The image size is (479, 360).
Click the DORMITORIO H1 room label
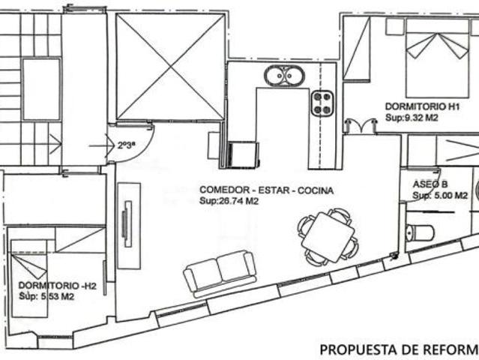pos(423,106)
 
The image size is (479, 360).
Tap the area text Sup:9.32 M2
pos(412,118)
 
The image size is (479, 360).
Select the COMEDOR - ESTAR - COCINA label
pos(266,190)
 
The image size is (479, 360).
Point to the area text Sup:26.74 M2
pos(229,201)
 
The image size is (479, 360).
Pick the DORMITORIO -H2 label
pos(58,286)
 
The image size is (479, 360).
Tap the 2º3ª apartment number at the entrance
pos(126,145)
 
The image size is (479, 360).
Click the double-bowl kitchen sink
pos(284,76)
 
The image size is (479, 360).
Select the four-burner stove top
pos(322,103)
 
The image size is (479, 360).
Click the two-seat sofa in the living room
pos(220,273)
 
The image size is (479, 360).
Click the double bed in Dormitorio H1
pos(437,58)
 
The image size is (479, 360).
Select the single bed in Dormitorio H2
pos(29,278)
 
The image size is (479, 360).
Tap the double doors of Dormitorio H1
pos(361,126)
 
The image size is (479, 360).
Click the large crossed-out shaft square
pos(170,67)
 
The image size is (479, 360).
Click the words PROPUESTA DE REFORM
pos(400,349)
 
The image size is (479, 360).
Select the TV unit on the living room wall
pos(129,226)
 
